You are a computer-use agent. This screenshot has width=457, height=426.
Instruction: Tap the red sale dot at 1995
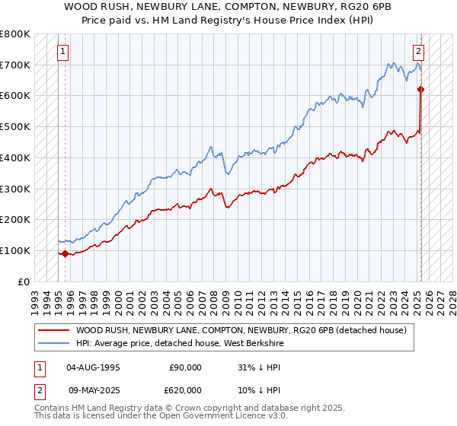coord(65,253)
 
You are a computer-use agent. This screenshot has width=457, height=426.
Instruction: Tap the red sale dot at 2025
coord(420,89)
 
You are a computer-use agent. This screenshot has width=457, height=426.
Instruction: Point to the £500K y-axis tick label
coord(14,126)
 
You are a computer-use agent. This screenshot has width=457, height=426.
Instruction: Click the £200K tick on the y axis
coord(14,219)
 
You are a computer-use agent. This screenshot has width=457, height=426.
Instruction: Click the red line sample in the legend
coord(54,330)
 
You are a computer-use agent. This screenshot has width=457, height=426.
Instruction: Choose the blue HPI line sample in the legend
coord(54,343)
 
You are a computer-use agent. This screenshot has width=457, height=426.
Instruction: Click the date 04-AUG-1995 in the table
coord(93,367)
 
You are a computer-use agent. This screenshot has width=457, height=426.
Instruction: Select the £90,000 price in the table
coord(184,367)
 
